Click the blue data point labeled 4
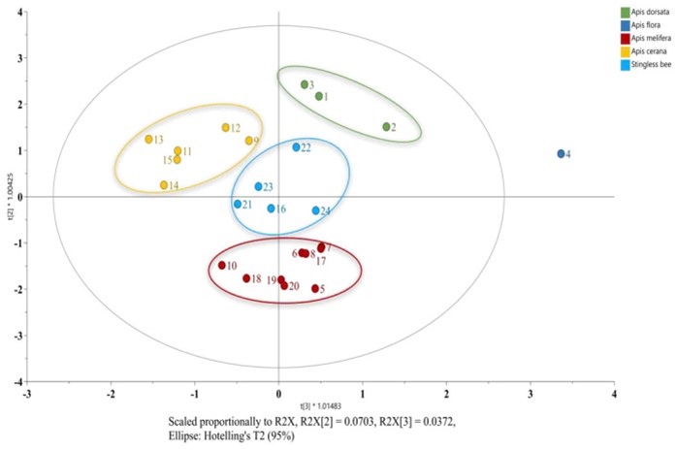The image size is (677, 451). [x=561, y=154]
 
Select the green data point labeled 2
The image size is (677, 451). [x=386, y=127]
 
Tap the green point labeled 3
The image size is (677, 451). [x=305, y=84]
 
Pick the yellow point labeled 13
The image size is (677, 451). [x=148, y=140]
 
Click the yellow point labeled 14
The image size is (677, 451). [x=164, y=185]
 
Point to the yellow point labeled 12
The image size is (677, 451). [x=225, y=128]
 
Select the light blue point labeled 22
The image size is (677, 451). [x=296, y=147]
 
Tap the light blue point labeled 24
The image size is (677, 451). [x=315, y=210]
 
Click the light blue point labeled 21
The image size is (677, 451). [x=237, y=204]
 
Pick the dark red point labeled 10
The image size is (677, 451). [x=222, y=265]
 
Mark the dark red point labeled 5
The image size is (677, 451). [x=315, y=288]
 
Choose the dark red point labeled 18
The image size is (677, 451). [x=246, y=278]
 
